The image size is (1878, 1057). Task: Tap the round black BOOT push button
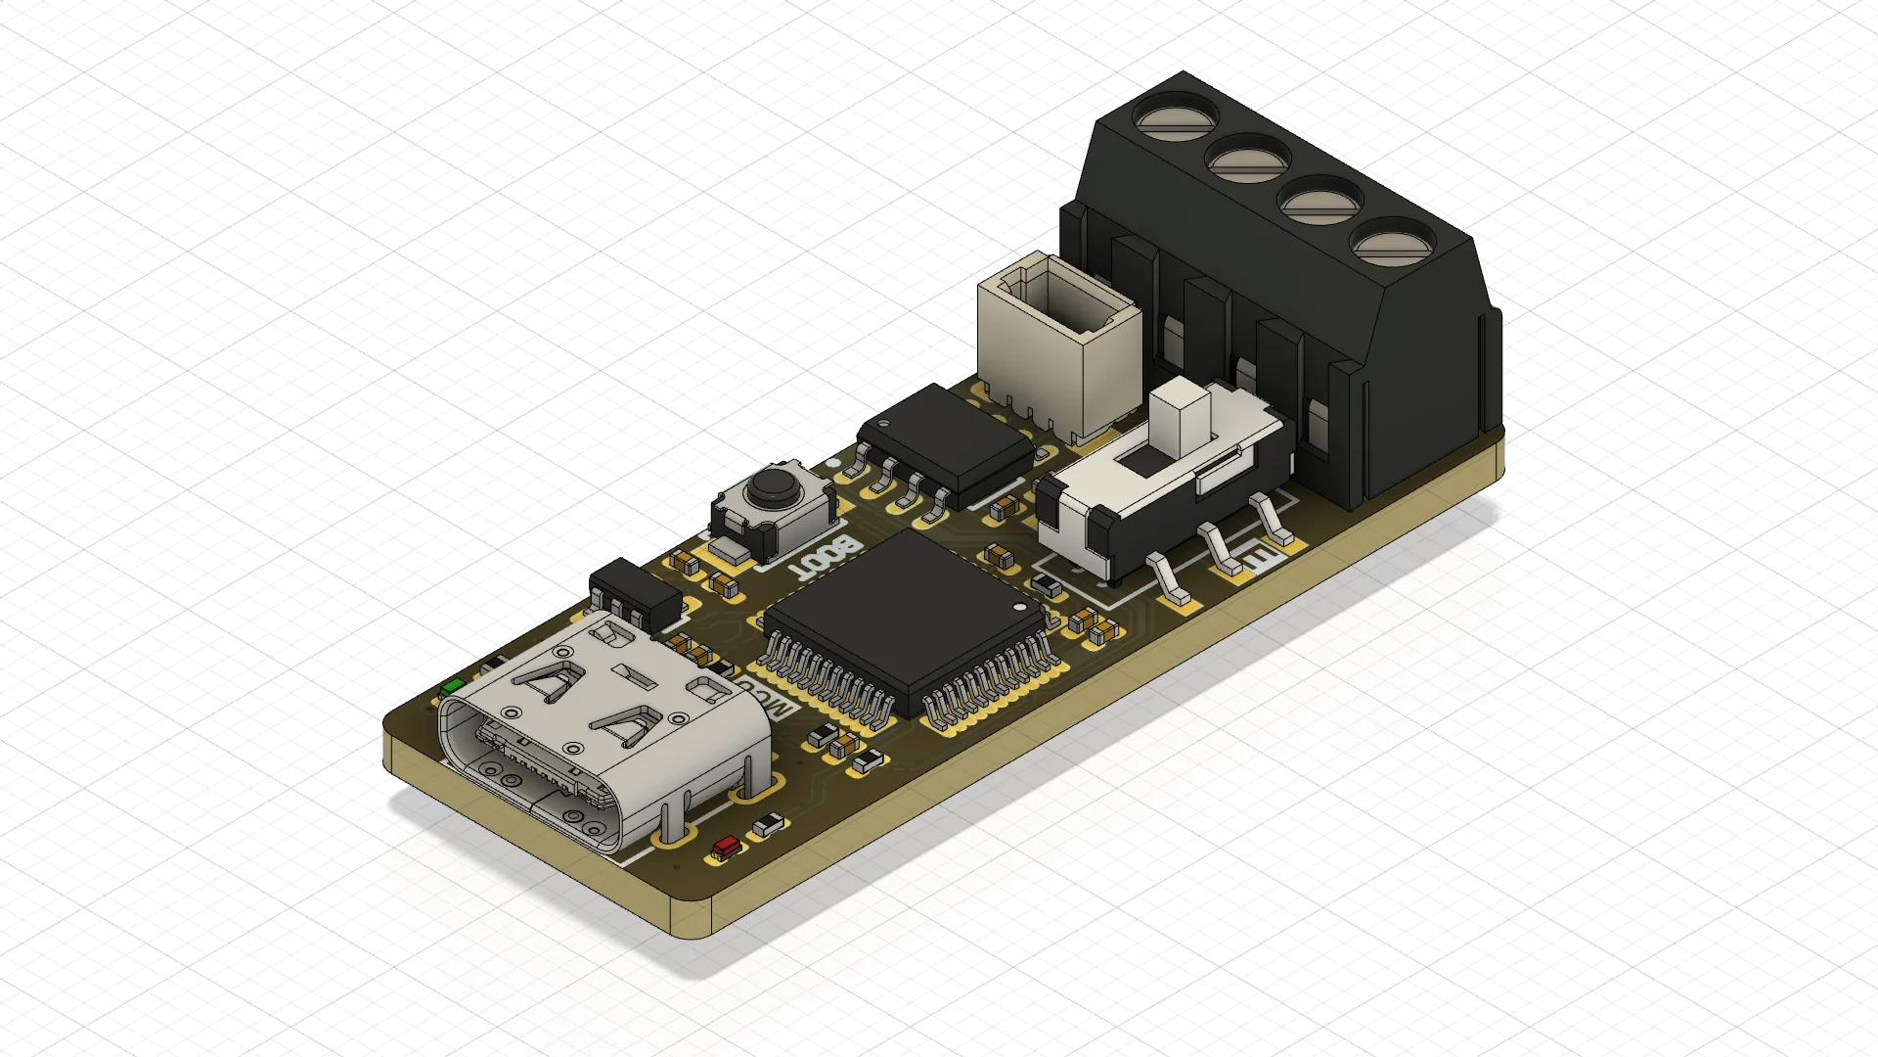pyautogui.click(x=773, y=483)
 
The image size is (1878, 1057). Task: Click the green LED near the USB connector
pyautogui.click(x=452, y=687)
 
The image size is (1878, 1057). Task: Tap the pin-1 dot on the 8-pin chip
pyautogui.click(x=883, y=425)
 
